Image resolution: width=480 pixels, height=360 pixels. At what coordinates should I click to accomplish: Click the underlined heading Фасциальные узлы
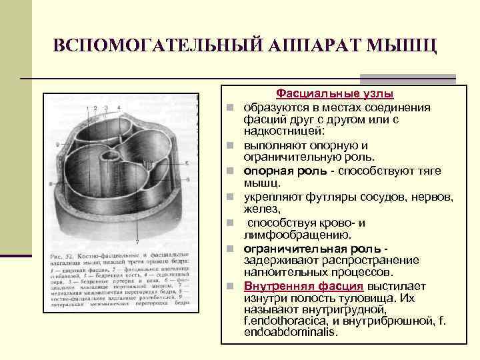pos(335,95)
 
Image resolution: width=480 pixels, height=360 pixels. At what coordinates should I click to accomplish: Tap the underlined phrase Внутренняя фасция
pos(303,286)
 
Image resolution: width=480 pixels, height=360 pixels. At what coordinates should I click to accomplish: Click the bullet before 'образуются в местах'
pos(229,108)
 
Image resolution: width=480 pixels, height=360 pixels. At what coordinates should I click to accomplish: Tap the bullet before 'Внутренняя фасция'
pos(229,287)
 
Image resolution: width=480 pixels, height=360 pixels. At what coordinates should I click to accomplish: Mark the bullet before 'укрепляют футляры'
pos(229,197)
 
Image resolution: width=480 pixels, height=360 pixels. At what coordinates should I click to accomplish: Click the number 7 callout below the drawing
pos(137,241)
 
